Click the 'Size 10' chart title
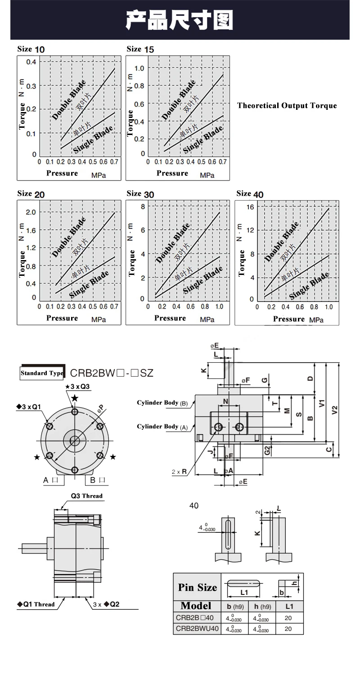click(31, 49)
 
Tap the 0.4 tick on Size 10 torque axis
click(31, 62)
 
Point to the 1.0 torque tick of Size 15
click(139, 68)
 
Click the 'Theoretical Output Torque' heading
click(287, 105)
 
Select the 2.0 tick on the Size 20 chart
click(31, 212)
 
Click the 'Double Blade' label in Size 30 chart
click(173, 243)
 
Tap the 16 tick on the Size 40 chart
click(250, 207)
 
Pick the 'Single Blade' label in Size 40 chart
click(309, 286)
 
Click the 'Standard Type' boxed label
click(42, 373)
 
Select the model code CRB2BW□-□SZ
click(112, 373)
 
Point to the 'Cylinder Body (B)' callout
click(162, 403)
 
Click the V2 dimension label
click(334, 410)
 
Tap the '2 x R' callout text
click(179, 472)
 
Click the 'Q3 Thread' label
click(87, 496)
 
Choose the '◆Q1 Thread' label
click(36, 604)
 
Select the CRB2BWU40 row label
click(197, 629)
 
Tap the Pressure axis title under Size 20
click(62, 318)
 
